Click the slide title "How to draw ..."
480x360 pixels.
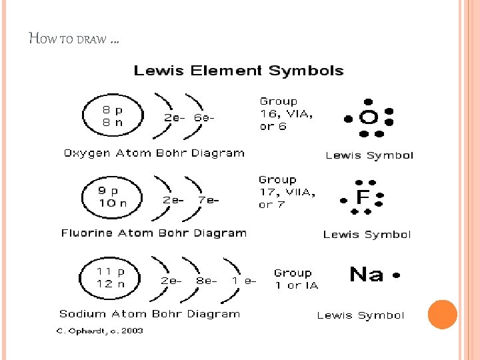pos(75,39)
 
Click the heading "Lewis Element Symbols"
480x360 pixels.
pos(239,71)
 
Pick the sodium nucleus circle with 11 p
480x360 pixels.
pos(110,277)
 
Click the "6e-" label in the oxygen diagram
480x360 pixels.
pos(205,117)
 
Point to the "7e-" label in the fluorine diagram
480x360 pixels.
pos(208,199)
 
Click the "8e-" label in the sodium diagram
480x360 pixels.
pos(207,281)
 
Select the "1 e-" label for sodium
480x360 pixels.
pos(244,281)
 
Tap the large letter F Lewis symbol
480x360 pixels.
pos(363,197)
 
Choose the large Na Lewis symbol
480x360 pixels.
pos(367,274)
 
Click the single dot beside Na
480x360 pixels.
pos(396,275)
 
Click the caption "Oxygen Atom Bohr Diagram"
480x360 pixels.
pos(154,153)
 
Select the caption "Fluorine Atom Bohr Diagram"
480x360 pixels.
pos(154,233)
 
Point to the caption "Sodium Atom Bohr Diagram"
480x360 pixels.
pos(149,314)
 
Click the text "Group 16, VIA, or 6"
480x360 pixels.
pos(286,114)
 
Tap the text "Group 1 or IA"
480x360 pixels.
pos(296,279)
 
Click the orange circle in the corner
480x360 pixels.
pos(442,315)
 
